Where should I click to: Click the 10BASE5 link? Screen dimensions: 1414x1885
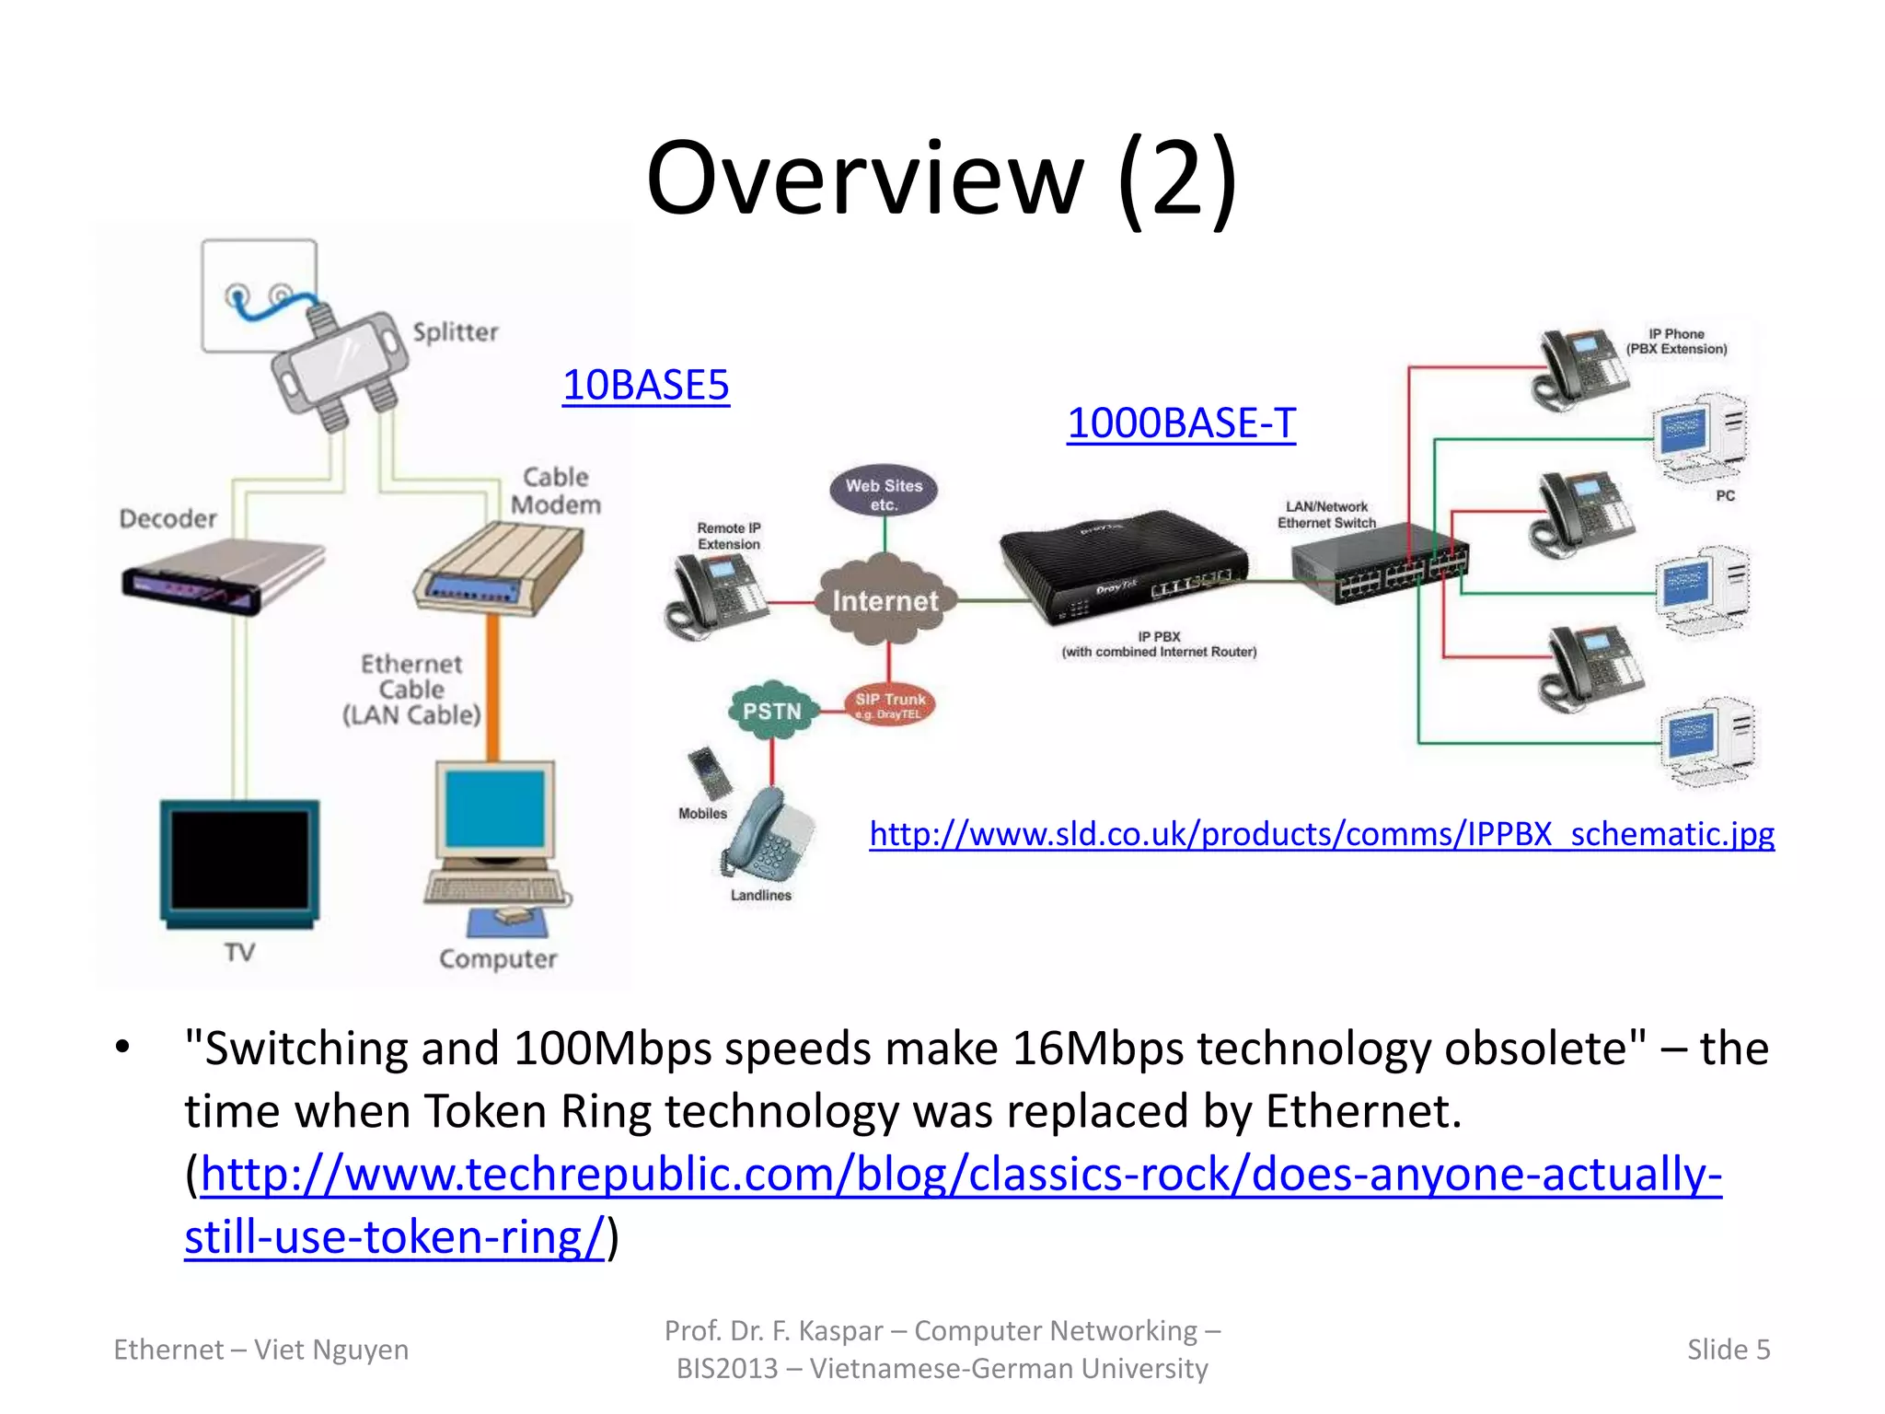[x=645, y=385]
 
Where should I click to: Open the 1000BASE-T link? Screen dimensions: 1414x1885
[x=1181, y=423]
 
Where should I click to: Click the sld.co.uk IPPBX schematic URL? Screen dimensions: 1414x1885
[x=1322, y=833]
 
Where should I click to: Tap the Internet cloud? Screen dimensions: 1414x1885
[x=885, y=601]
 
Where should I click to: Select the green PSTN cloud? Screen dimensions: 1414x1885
[x=772, y=711]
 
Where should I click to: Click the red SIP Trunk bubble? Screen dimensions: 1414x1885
[x=889, y=705]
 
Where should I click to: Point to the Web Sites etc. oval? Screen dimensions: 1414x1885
[x=884, y=493]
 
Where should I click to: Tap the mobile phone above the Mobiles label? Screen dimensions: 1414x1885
[x=710, y=771]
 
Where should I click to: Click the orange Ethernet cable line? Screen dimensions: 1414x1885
[x=493, y=686]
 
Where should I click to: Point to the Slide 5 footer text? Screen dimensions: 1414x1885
[x=1728, y=1349]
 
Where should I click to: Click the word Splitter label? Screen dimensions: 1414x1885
[x=455, y=331]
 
